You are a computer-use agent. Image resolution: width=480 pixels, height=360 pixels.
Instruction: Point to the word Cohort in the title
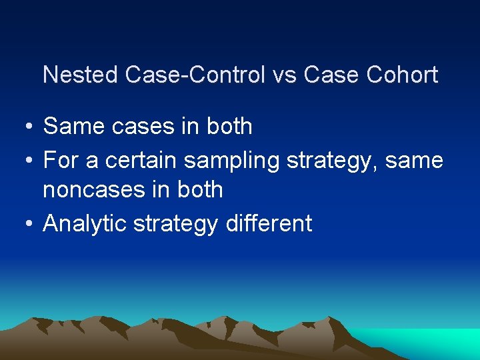click(x=402, y=75)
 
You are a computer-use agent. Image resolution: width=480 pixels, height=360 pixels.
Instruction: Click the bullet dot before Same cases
click(x=23, y=127)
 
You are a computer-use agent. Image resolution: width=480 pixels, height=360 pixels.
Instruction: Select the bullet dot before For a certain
click(x=23, y=161)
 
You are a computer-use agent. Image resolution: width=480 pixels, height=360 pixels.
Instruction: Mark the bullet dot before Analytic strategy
click(x=23, y=224)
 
